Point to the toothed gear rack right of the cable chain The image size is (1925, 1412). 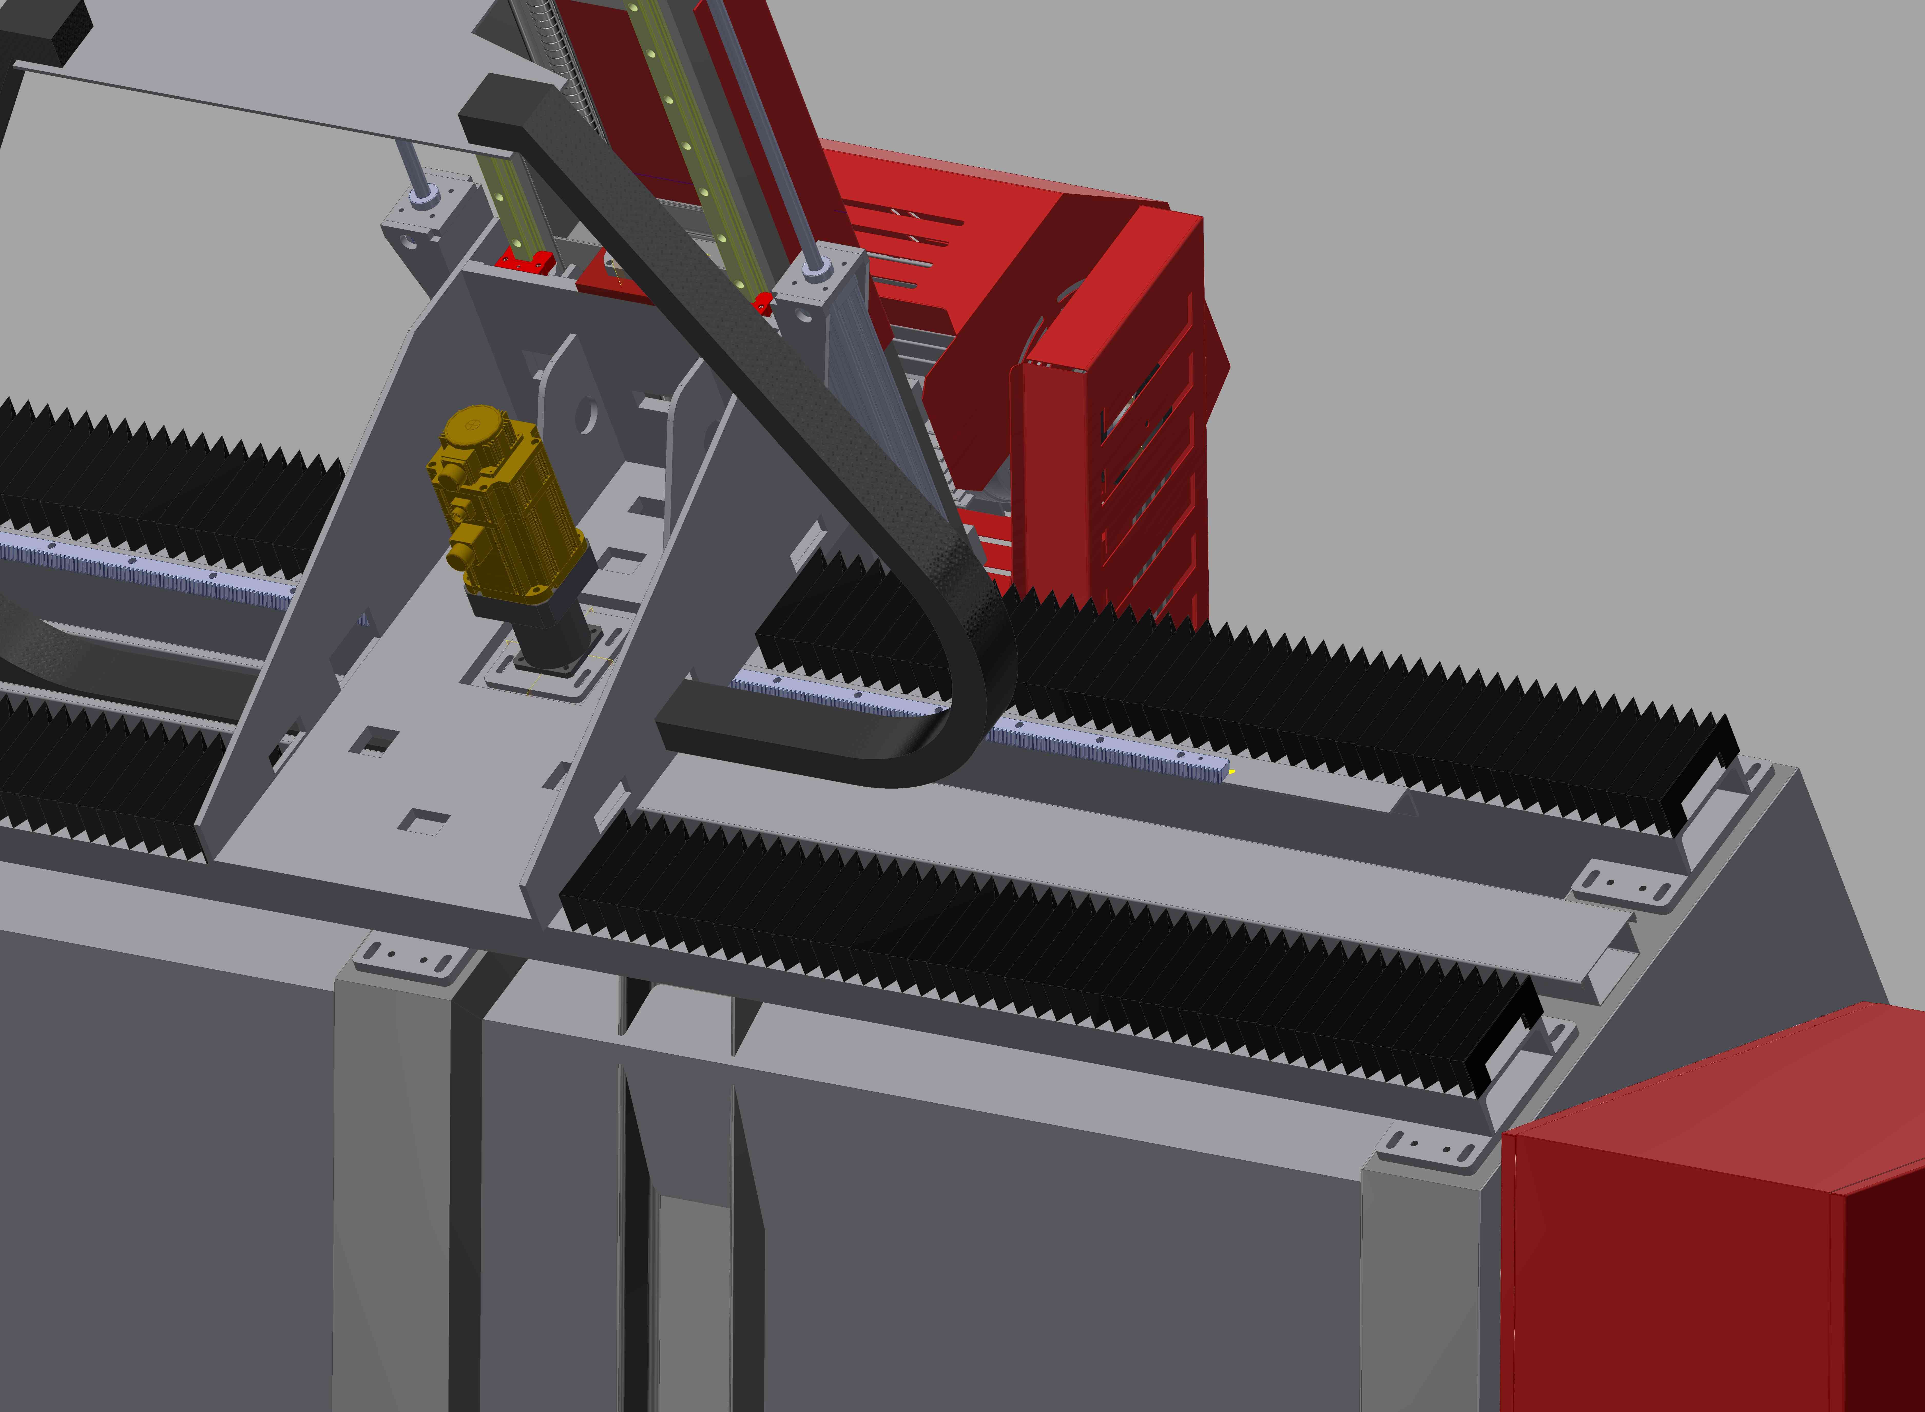coord(1111,743)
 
